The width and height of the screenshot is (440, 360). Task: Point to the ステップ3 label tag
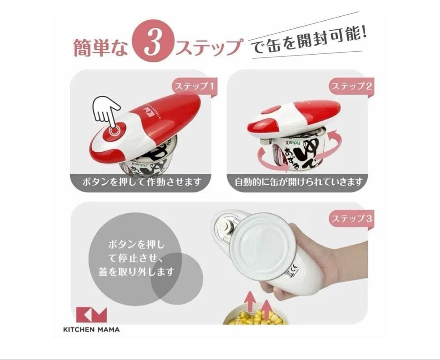(x=351, y=219)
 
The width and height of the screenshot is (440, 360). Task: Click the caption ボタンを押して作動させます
(x=141, y=182)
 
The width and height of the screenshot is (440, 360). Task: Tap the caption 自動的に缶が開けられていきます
(x=299, y=182)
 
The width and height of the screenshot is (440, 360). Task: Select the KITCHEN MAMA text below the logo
(x=92, y=329)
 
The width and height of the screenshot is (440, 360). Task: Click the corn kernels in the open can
(x=257, y=317)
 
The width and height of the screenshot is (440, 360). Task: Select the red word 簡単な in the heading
(x=99, y=46)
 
